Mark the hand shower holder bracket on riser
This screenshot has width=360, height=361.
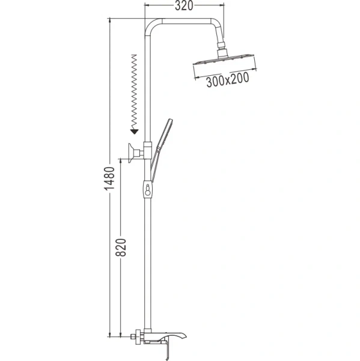click(148, 148)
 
